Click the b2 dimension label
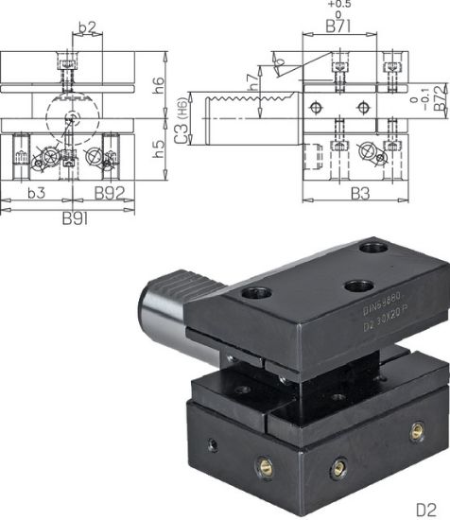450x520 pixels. (x=87, y=28)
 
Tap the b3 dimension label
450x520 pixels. (x=37, y=193)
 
